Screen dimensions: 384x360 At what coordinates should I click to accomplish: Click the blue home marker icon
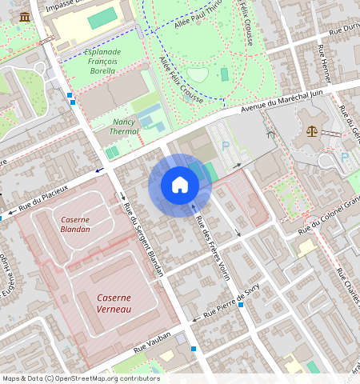tap(180, 186)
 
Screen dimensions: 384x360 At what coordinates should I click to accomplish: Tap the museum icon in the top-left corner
tap(25, 17)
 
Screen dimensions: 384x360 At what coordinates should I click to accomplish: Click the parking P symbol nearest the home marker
tap(225, 147)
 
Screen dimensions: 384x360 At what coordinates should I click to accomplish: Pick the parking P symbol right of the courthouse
tap(345, 157)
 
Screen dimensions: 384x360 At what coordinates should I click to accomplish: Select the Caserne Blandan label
tap(74, 224)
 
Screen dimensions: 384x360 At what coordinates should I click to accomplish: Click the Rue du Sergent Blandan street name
tap(144, 240)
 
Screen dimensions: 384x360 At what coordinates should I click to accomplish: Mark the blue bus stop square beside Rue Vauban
tap(194, 349)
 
